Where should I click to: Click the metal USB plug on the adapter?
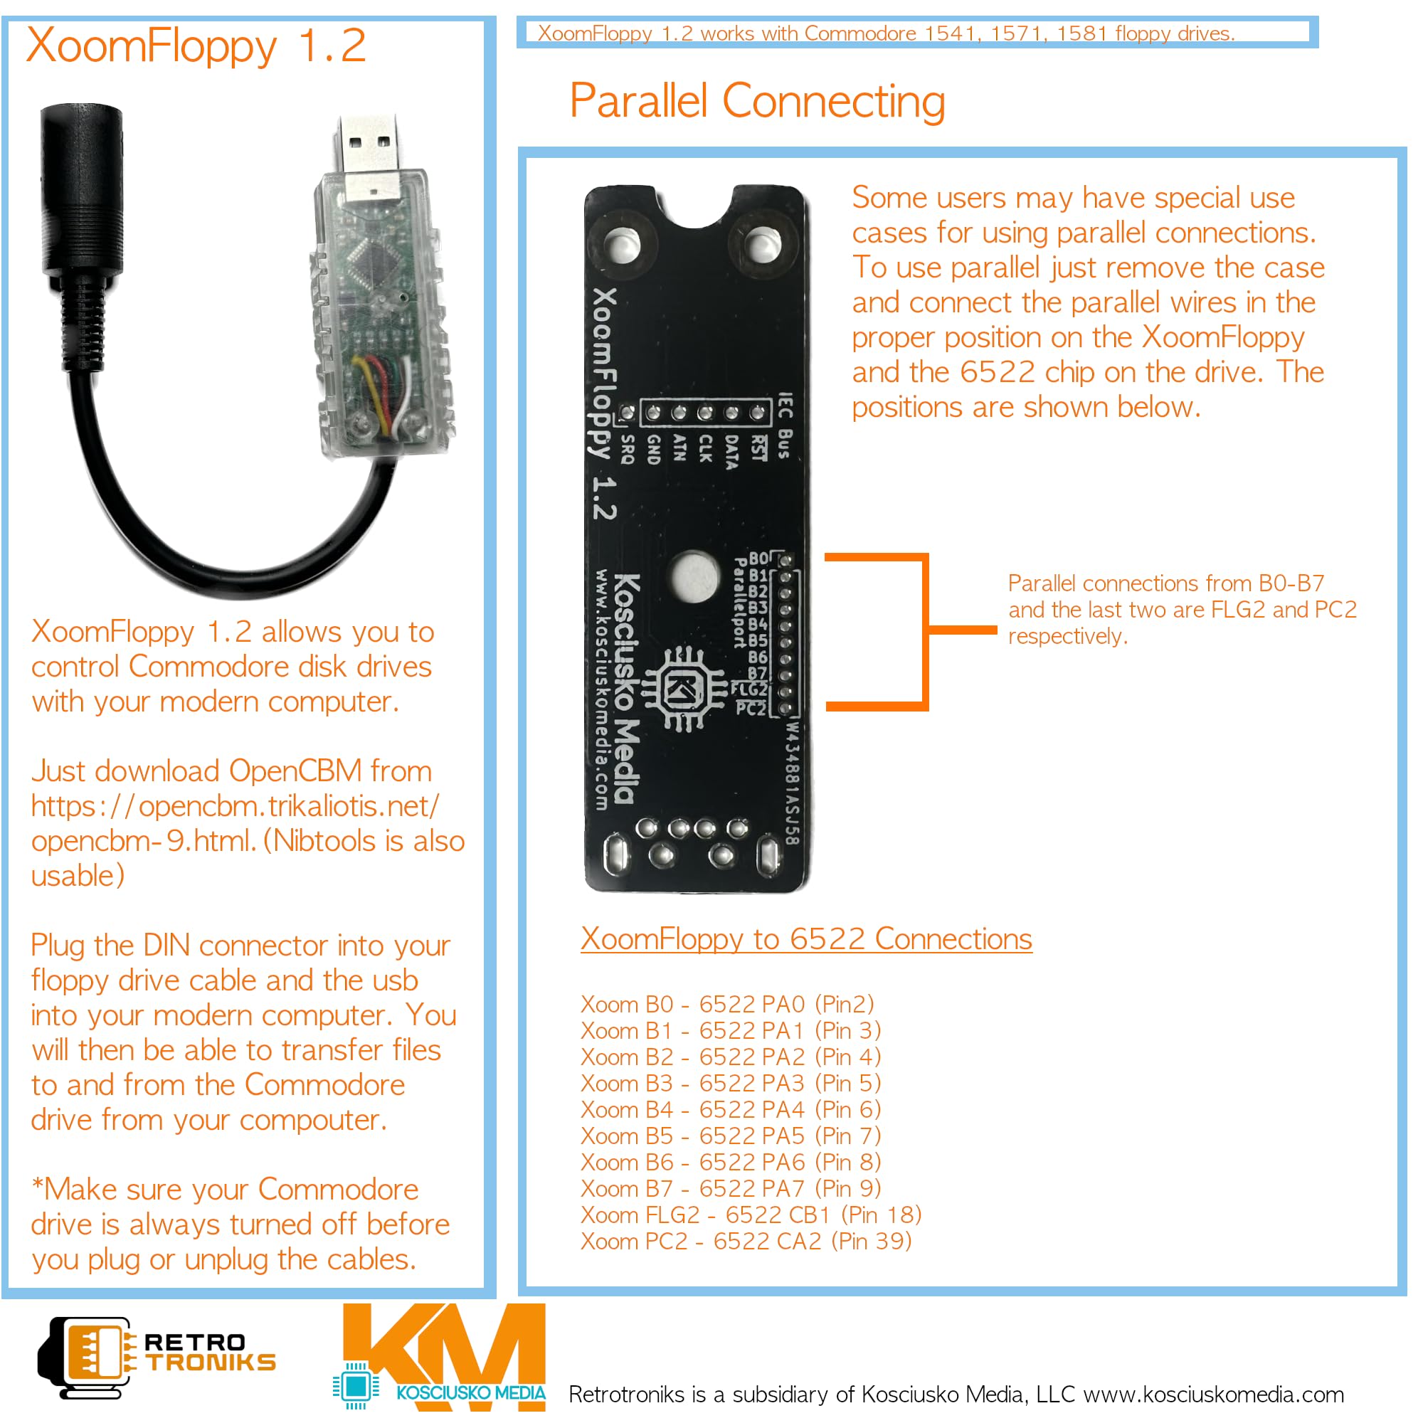click(369, 155)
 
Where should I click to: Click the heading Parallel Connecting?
click(757, 101)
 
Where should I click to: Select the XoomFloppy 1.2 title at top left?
click(195, 46)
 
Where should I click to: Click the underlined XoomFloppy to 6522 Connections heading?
click(806, 939)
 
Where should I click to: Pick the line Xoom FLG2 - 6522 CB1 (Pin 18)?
click(751, 1215)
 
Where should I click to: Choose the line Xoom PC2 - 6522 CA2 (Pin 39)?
click(746, 1241)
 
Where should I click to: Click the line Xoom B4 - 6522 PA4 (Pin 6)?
click(730, 1109)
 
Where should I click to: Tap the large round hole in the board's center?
click(693, 575)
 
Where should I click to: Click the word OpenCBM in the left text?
click(295, 771)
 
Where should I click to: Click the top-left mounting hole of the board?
click(623, 244)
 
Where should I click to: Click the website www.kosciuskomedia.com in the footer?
click(1213, 1395)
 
